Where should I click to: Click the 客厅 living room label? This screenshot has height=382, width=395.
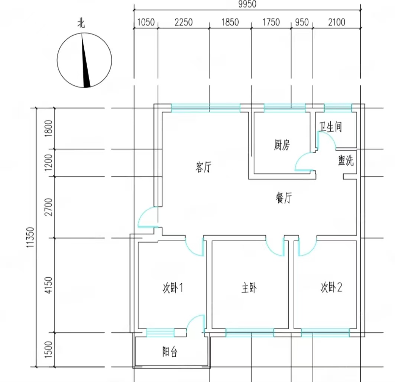click(x=203, y=167)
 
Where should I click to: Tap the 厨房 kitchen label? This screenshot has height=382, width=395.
click(x=282, y=145)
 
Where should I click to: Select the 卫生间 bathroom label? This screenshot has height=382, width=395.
click(x=331, y=127)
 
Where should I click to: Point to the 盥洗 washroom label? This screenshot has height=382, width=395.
click(x=346, y=160)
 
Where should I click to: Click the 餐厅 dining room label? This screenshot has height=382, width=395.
click(x=284, y=198)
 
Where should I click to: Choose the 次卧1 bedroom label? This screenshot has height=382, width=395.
click(x=173, y=287)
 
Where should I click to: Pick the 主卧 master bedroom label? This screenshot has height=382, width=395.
click(x=249, y=288)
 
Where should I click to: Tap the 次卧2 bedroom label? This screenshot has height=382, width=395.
click(x=331, y=287)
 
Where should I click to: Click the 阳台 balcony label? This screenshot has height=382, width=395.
click(x=170, y=351)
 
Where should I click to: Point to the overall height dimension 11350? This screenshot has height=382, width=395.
click(x=30, y=237)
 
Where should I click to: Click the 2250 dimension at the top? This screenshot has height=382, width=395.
click(x=184, y=22)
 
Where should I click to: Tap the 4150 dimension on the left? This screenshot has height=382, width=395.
click(x=48, y=285)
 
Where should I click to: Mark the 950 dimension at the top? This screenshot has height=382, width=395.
click(x=302, y=22)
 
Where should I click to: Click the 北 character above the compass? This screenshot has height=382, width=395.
click(x=81, y=23)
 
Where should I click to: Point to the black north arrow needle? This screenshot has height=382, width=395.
click(x=85, y=61)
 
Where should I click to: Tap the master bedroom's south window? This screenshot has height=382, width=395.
click(x=250, y=333)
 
